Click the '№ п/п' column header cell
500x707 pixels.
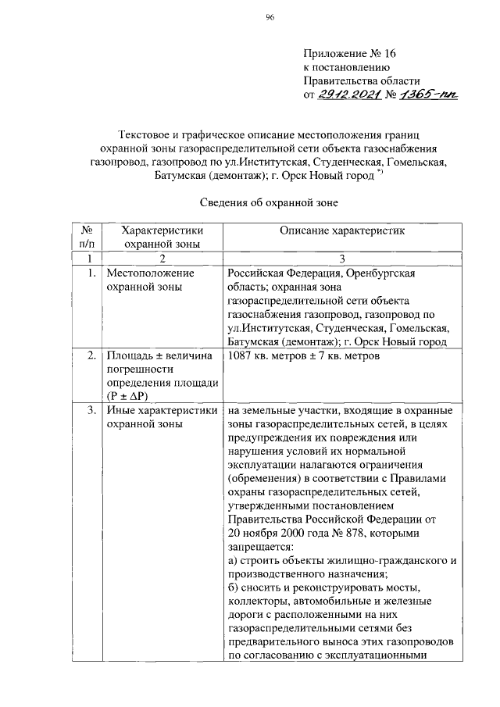pos(87,237)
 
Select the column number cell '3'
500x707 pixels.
pos(341,259)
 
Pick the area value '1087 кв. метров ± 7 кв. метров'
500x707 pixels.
pos(305,356)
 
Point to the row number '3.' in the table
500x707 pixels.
pos(91,409)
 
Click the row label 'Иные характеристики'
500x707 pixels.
pos(162,409)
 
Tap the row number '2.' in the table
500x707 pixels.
pos(91,356)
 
